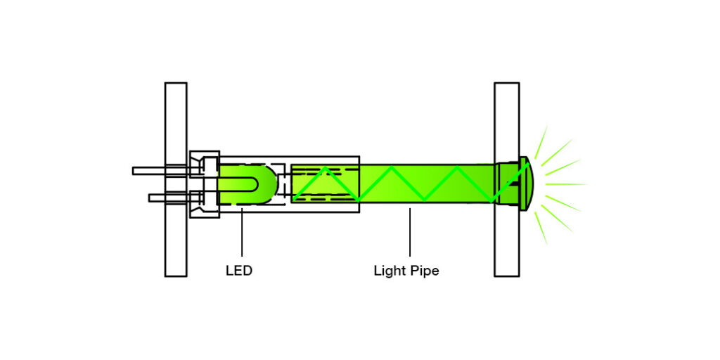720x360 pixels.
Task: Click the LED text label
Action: tap(238, 271)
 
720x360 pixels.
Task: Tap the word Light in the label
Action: tap(389, 271)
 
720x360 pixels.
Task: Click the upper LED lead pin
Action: tap(149, 171)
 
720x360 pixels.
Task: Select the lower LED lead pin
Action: tap(157, 198)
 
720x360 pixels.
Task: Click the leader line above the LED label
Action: tap(242, 232)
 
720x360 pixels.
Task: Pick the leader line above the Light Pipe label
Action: tap(410, 232)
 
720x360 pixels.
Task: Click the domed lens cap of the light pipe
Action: tap(528, 184)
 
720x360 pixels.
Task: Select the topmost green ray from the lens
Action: tap(541, 141)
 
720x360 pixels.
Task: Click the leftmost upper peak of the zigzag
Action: tap(324, 168)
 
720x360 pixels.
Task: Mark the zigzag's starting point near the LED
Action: tap(295, 198)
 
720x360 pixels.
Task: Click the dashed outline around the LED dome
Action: tap(283, 184)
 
